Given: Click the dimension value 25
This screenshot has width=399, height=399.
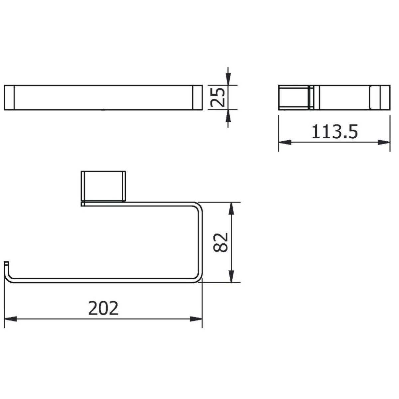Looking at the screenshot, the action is coord(217,97).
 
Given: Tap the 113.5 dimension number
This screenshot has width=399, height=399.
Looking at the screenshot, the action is coord(334,132).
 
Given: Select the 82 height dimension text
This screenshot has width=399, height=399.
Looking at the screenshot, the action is coord(220,242).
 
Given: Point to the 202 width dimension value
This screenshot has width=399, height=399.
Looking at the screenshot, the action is coord(103,308).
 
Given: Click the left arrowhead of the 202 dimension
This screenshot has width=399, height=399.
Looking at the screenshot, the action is coord(10,319).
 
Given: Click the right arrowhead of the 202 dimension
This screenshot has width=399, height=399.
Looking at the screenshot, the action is coord(196,319).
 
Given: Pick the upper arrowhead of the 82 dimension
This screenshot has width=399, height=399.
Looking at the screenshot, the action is coord(232,208).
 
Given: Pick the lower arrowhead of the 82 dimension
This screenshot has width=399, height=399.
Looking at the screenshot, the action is coord(232,276).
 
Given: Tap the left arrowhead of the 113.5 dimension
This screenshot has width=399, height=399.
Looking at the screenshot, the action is coord(285,142).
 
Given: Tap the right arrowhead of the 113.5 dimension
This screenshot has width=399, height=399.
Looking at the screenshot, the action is coord(384,142).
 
